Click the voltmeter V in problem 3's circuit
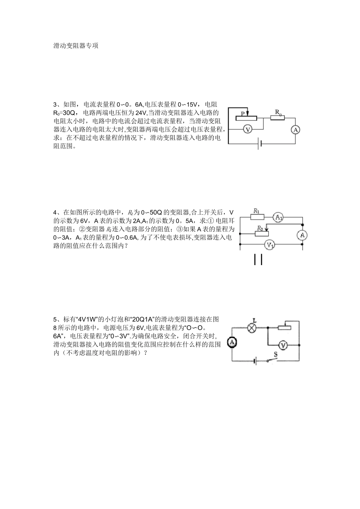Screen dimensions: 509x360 point(247,130)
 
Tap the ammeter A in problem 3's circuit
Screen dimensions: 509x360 point(295,130)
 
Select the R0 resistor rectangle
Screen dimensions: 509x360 point(277,118)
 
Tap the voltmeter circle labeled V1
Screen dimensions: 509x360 point(270,245)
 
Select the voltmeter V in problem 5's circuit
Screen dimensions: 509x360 point(283,345)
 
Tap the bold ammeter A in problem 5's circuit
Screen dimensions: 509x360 point(232,342)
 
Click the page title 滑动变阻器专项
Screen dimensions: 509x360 point(76,46)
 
